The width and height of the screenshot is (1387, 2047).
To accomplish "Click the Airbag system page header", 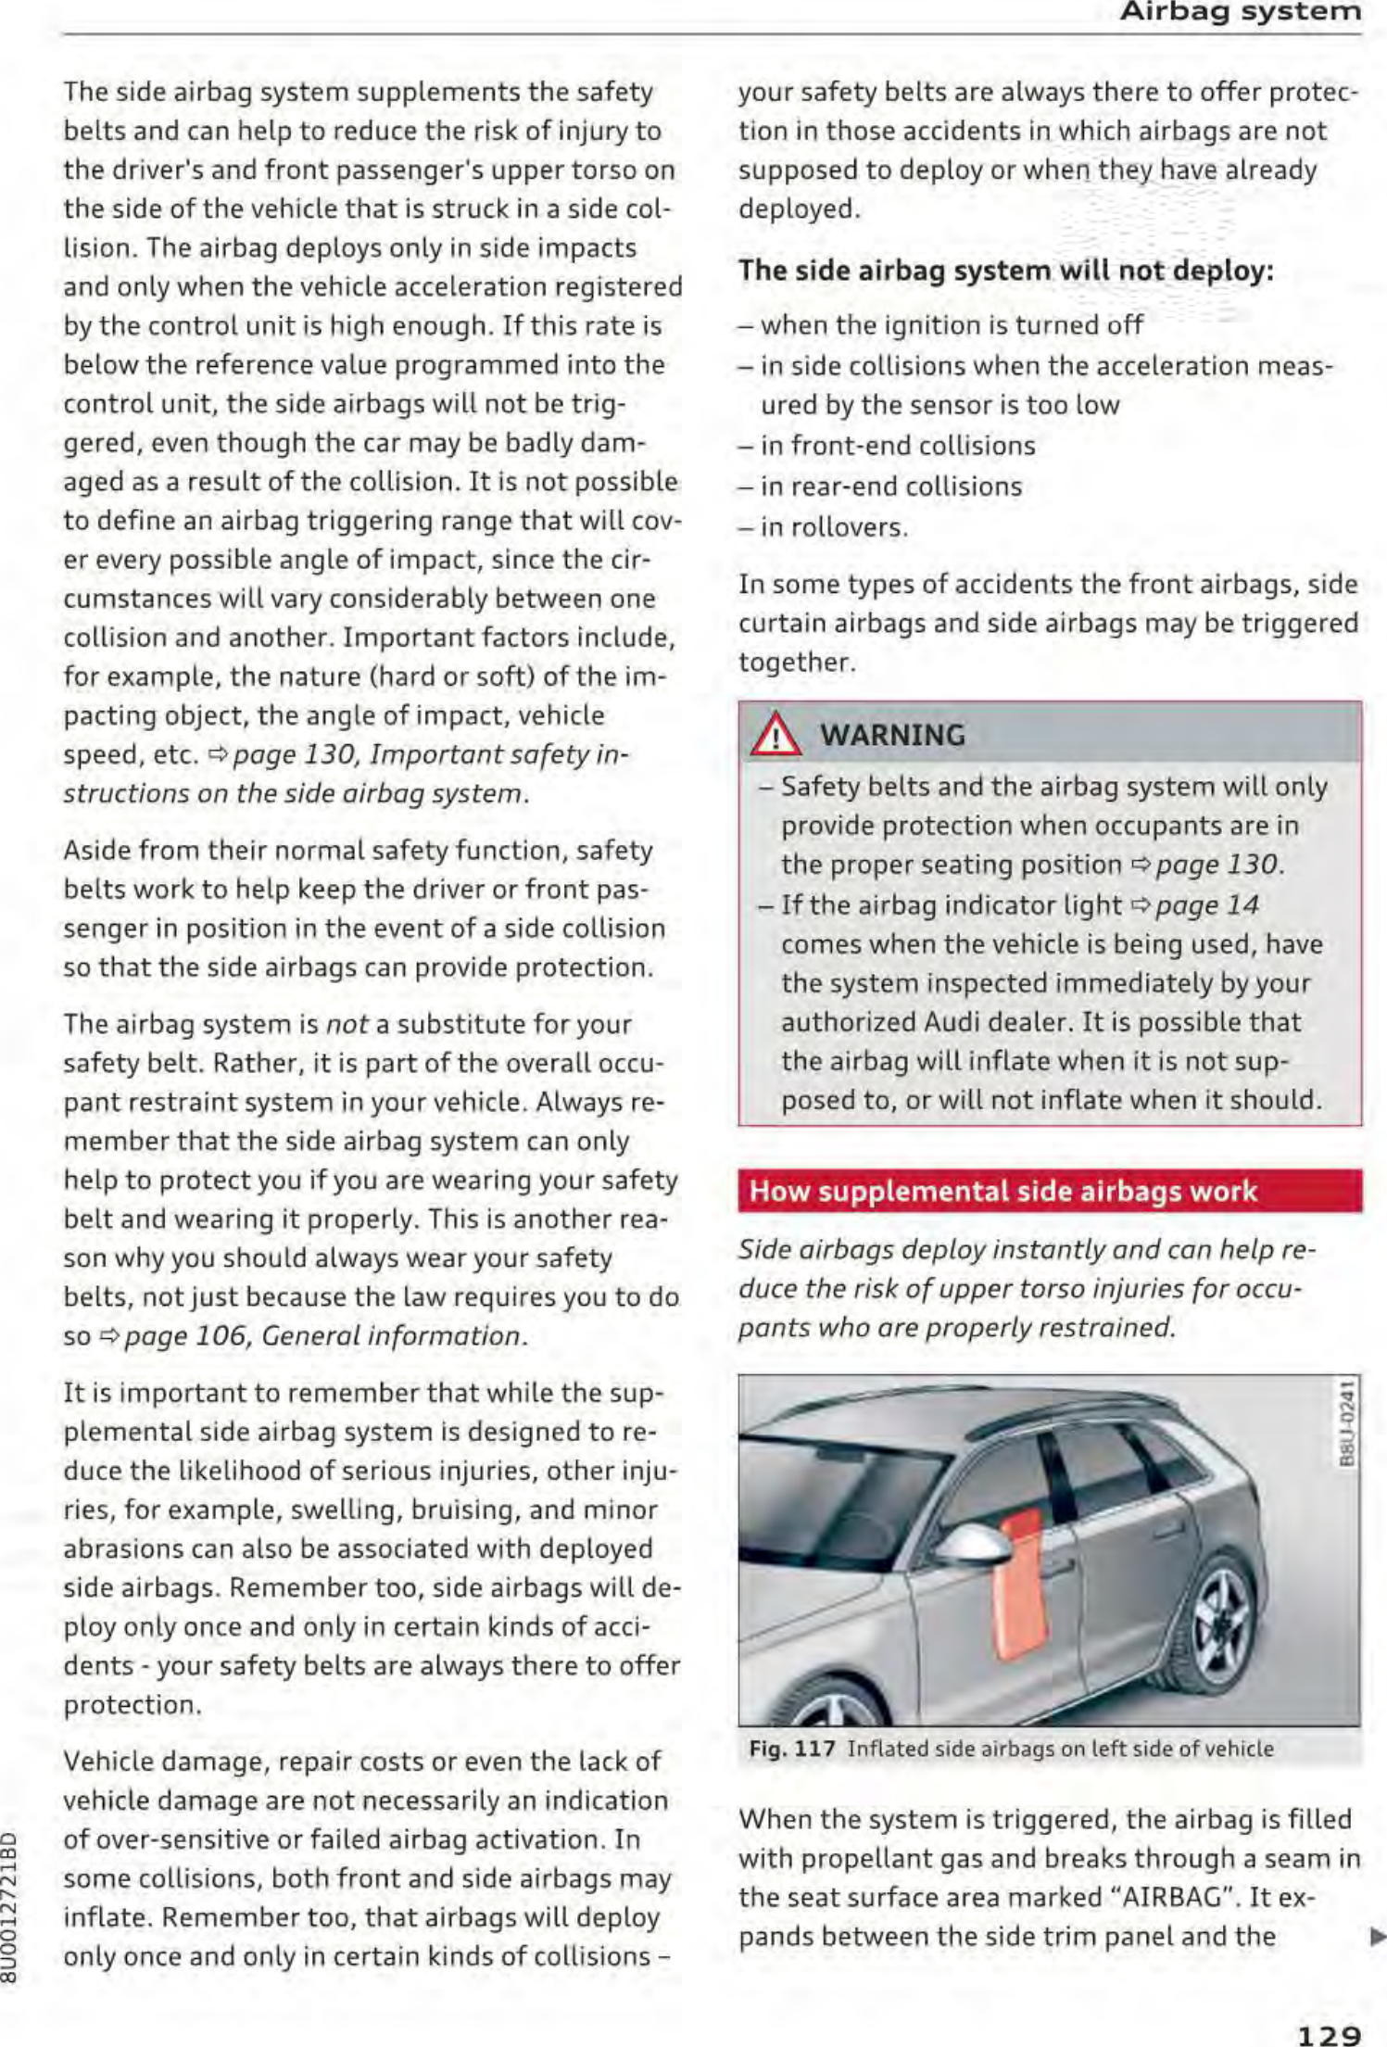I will pyautogui.click(x=1240, y=12).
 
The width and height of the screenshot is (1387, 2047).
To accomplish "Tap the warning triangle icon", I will pyautogui.click(x=775, y=736).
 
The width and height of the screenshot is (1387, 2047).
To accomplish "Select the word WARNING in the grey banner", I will pyautogui.click(x=892, y=736).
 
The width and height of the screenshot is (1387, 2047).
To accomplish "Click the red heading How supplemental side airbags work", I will pyautogui.click(x=1002, y=1191).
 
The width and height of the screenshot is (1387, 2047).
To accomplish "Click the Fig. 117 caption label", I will pyautogui.click(x=792, y=1749).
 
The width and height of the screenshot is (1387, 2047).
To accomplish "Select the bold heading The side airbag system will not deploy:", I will pyautogui.click(x=1005, y=271).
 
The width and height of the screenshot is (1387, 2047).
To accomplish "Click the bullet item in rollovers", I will pyautogui.click(x=833, y=527).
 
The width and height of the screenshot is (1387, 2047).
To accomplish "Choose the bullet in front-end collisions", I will pyautogui.click(x=897, y=446).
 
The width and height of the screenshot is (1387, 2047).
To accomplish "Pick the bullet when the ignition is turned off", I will pyautogui.click(x=951, y=325).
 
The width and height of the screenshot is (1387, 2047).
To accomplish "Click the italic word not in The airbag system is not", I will pyautogui.click(x=347, y=1024).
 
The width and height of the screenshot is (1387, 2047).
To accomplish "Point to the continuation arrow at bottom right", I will pyautogui.click(x=1376, y=1936).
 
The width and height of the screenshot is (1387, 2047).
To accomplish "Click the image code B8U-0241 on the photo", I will pyautogui.click(x=1348, y=1423).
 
